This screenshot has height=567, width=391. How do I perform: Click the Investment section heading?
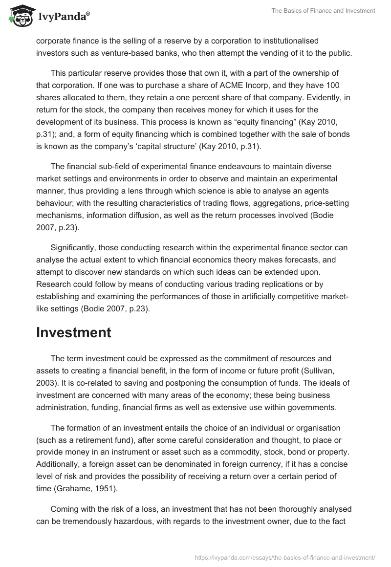coord(73,332)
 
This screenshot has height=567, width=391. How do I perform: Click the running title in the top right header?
coord(324,11)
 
